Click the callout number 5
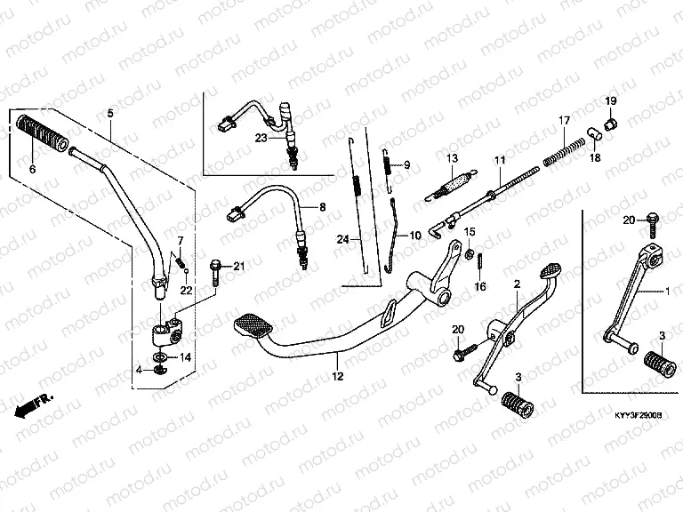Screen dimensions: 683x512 pyautogui.click(x=110, y=114)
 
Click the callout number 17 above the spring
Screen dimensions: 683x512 pyautogui.click(x=563, y=121)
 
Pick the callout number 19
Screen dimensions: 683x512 pyautogui.click(x=611, y=100)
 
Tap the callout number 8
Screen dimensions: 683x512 pyautogui.click(x=323, y=207)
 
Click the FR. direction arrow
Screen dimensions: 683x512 pyautogui.click(x=34, y=403)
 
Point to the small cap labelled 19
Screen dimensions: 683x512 pyautogui.click(x=611, y=122)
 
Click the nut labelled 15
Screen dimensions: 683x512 pyautogui.click(x=467, y=255)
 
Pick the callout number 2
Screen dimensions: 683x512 pyautogui.click(x=516, y=284)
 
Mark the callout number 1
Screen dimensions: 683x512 pyautogui.click(x=670, y=292)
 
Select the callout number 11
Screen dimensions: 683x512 pyautogui.click(x=499, y=161)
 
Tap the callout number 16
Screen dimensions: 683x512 pyautogui.click(x=480, y=286)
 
